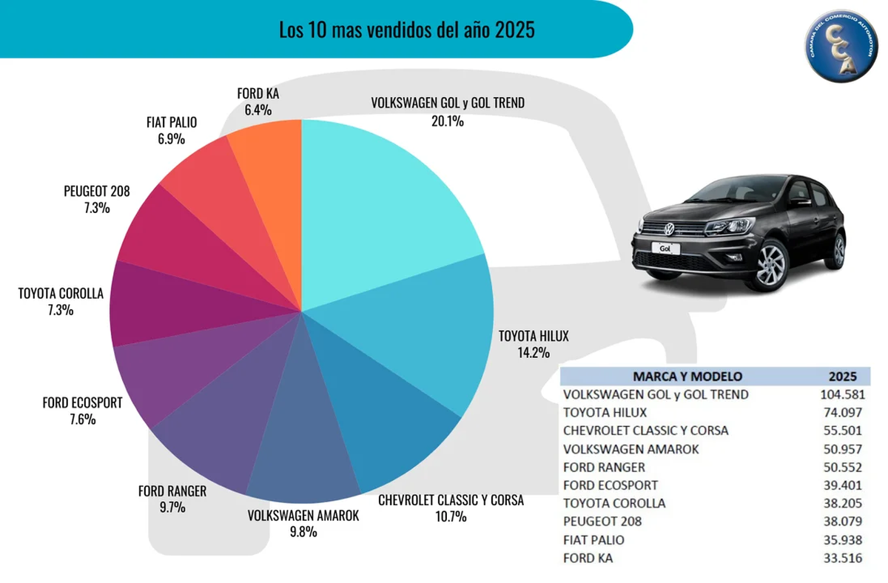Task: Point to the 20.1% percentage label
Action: point(448,121)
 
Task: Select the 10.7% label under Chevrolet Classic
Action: point(451,517)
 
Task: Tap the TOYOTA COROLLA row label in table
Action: point(614,503)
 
